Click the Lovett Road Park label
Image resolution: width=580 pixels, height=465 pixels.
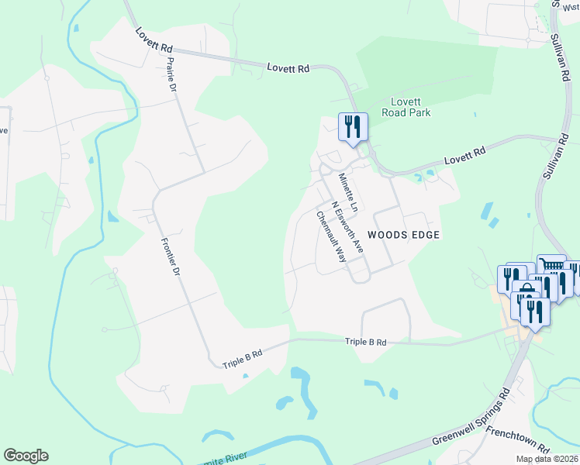[405, 106]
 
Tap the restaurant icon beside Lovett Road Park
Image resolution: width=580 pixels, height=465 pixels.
[351, 126]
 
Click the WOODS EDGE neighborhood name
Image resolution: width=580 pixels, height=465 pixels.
[403, 234]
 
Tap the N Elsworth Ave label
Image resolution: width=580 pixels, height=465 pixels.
[347, 228]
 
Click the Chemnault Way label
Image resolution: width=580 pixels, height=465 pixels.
[331, 237]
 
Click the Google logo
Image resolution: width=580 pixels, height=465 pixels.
[26, 456]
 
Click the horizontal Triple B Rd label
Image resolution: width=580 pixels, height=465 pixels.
[367, 342]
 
